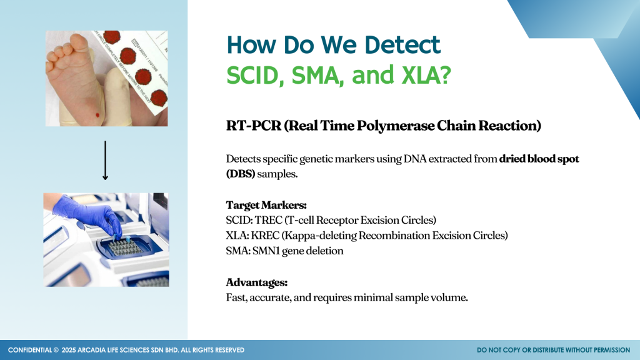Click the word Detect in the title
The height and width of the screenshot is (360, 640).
[x=402, y=44]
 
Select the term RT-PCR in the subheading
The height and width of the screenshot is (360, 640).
[x=254, y=126]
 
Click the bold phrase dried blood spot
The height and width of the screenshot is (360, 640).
[x=539, y=159]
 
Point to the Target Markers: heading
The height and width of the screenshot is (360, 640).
[x=266, y=205]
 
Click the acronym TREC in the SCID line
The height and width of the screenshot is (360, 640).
[x=269, y=221]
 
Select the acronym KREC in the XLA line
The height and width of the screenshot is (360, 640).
[x=265, y=236]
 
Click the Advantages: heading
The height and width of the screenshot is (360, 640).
[x=257, y=282]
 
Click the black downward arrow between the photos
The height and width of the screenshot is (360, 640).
[x=105, y=161]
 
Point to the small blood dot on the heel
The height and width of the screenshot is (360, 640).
[x=97, y=115]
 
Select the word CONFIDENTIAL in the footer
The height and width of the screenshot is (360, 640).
[x=30, y=350]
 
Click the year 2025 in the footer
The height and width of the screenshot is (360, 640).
[x=69, y=350]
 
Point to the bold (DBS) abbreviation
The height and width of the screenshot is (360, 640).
[x=241, y=174]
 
